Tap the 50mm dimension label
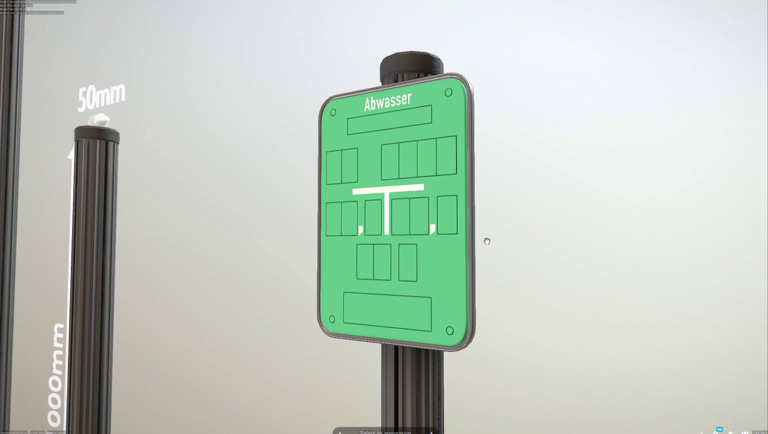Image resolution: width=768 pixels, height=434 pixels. pos(101,97)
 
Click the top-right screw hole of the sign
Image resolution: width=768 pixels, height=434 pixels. pos(448,92)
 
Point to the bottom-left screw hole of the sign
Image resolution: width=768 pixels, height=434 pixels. pos(332,319)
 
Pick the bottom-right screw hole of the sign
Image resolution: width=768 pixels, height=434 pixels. pos(450,330)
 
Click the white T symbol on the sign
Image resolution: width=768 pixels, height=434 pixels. pos(387,203)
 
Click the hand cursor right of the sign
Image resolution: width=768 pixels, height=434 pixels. pos(487,241)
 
